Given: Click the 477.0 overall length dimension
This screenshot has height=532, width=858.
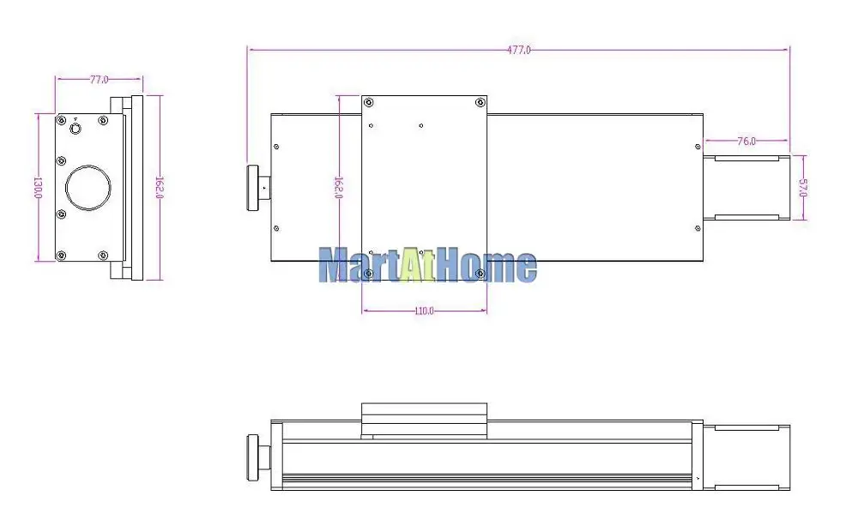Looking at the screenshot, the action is (519, 51).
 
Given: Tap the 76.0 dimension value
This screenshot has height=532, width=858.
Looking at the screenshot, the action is (746, 142).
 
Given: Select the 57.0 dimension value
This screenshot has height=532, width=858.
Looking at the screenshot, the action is (803, 188).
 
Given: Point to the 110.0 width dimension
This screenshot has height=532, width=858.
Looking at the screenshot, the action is (424, 311).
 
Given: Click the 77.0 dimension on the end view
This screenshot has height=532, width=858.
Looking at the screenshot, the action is (99, 79).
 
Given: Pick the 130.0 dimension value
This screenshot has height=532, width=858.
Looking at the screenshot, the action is (38, 187).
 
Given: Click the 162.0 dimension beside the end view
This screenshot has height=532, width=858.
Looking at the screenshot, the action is (160, 187).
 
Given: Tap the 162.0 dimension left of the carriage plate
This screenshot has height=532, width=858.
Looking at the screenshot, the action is (339, 187).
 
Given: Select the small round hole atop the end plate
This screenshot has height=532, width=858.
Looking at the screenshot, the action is (76, 129).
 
